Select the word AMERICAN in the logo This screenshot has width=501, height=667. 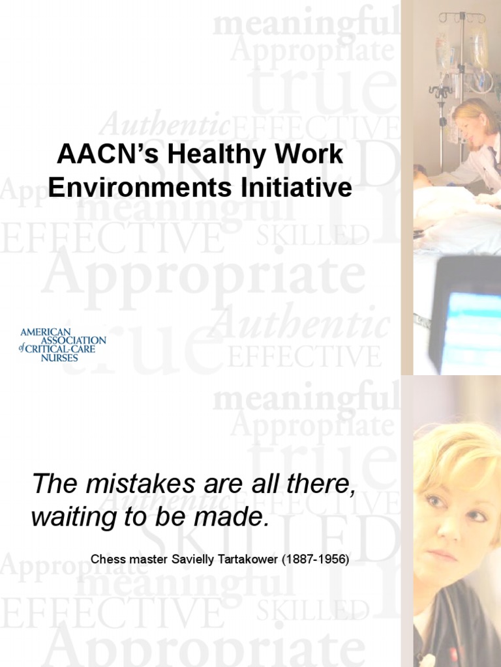pyautogui.click(x=45, y=332)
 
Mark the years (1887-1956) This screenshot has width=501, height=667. pyautogui.click(x=316, y=559)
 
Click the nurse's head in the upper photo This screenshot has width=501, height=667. pyautogui.click(x=476, y=121)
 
